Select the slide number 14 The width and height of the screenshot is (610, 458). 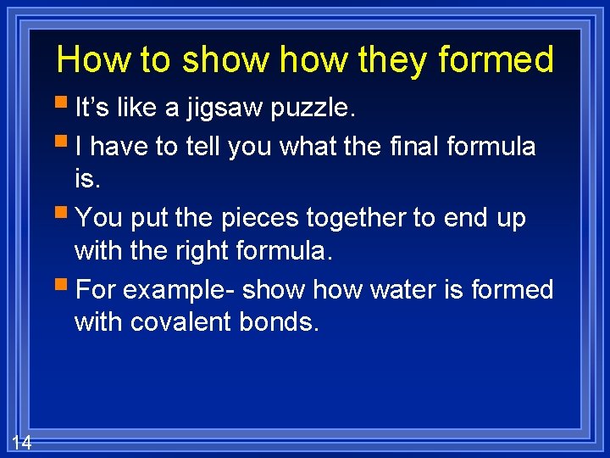22,442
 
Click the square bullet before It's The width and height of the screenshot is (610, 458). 65,105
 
